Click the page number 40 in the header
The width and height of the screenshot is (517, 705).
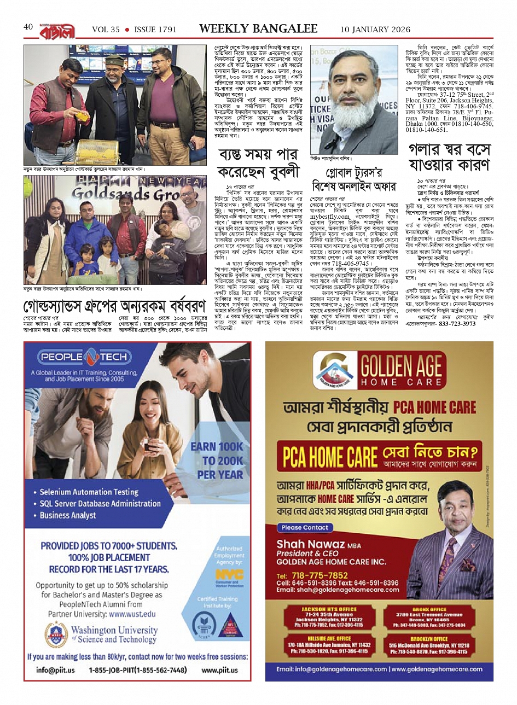pos(28,27)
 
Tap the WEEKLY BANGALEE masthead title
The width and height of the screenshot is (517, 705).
pos(258,28)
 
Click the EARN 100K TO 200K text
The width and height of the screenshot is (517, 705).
pos(217,460)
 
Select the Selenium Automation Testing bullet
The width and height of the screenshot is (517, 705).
pos(89,492)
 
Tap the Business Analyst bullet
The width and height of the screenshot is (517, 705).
pos(68,515)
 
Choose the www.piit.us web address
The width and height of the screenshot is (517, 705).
pos(220,669)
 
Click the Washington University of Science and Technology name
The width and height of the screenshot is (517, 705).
pos(114,634)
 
